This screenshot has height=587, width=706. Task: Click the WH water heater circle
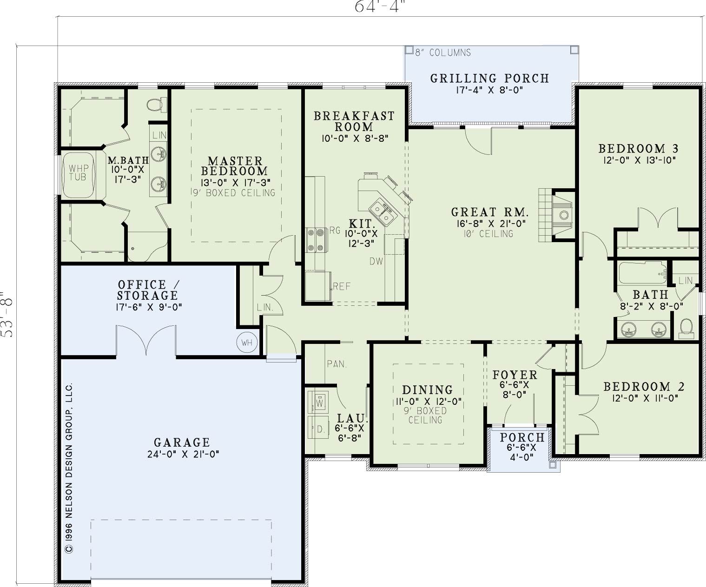coord(247,343)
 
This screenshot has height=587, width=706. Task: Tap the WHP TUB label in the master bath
coord(78,172)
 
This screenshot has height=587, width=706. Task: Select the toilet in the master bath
coord(157,105)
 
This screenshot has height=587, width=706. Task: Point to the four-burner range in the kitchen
coord(316,240)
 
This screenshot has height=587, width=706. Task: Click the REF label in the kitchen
coord(342,286)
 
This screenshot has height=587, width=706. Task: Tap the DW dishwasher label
coord(376,261)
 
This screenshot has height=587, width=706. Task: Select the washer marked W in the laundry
coord(318,402)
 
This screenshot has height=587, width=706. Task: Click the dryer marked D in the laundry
coord(318,428)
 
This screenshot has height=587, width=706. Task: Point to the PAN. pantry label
coord(337,364)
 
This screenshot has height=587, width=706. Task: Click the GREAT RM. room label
coord(489,212)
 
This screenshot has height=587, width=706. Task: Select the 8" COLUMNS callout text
coord(442,53)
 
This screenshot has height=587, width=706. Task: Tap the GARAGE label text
coord(182,442)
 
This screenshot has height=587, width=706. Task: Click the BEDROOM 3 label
coord(639,148)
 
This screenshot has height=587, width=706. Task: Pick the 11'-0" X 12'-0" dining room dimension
coord(429,402)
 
